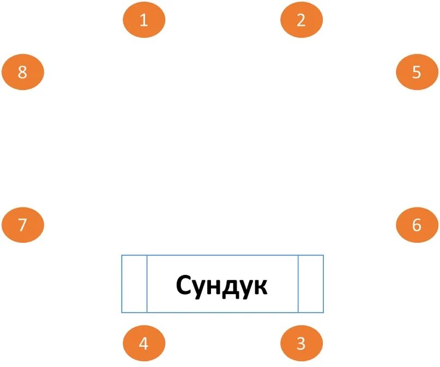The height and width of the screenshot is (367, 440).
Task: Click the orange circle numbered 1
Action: tap(144, 20)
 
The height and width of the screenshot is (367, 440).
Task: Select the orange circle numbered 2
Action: tap(302, 20)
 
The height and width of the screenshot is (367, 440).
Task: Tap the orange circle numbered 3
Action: tap(302, 344)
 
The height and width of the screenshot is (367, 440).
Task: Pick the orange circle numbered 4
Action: tap(144, 344)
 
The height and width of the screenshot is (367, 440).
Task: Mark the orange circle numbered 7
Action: tap(22, 224)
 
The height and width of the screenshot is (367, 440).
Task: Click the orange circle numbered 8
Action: tap(22, 72)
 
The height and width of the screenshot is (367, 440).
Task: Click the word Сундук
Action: tap(222, 285)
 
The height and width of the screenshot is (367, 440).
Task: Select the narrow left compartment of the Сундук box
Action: tap(134, 284)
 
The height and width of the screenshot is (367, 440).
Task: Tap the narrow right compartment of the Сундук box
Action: tap(311, 284)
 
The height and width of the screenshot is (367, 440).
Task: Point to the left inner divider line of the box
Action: tap(147, 284)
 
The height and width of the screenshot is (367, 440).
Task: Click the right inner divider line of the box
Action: tap(298, 284)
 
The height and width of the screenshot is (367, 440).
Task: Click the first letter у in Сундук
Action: tap(198, 288)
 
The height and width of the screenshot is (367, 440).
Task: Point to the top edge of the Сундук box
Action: tap(222, 255)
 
